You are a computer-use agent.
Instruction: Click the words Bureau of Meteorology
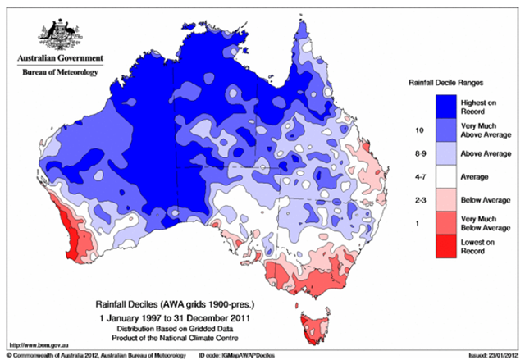pyautogui.click(x=59, y=73)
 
